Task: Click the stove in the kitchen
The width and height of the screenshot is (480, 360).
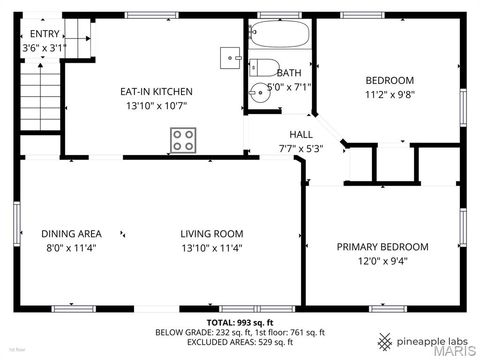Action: pos(182,140)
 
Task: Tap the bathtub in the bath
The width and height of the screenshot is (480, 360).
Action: pos(280,40)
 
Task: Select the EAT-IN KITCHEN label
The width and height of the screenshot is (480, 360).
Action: pos(157,92)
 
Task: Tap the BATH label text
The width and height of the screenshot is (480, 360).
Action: pos(289,73)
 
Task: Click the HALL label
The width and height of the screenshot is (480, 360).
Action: pos(301,134)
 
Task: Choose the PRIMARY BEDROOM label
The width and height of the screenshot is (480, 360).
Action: pos(382,247)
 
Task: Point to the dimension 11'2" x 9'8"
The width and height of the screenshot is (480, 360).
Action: pos(390,95)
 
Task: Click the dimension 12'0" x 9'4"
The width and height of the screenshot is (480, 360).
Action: pos(382,262)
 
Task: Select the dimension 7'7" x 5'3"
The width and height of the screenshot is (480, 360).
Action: pos(301,148)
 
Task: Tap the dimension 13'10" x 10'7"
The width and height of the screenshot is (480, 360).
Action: pos(157,106)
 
